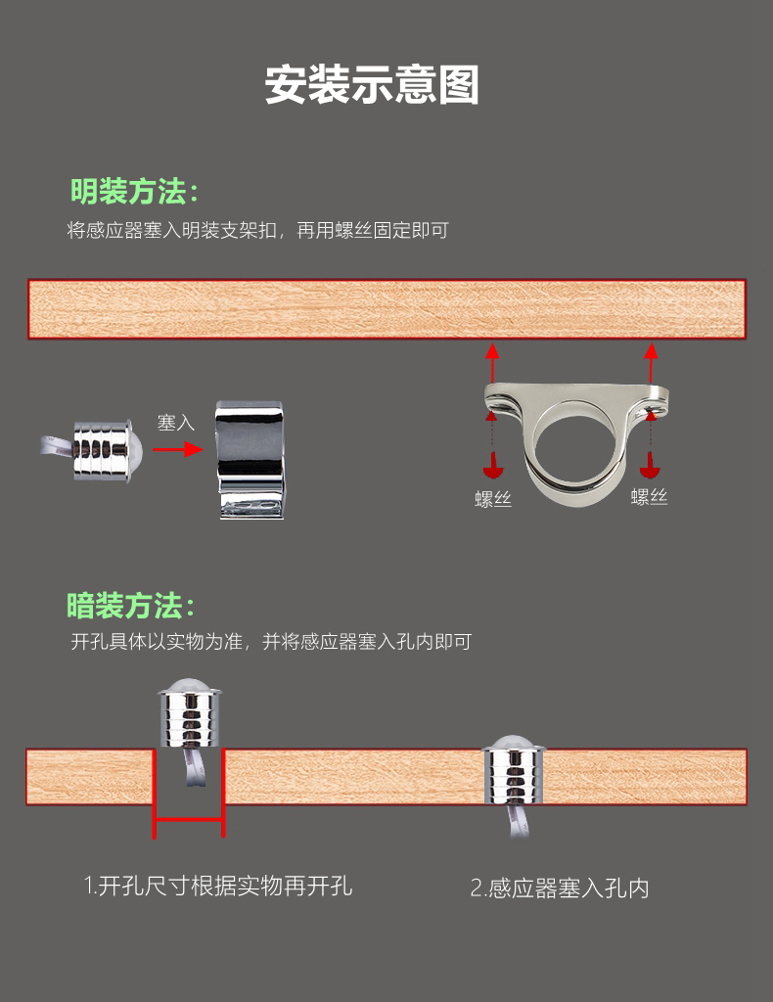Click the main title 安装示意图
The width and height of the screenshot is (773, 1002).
point(372,84)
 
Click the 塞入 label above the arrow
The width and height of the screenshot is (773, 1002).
point(176,423)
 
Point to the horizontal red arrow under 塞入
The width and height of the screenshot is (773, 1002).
point(178,449)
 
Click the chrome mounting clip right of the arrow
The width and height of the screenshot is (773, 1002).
point(250,459)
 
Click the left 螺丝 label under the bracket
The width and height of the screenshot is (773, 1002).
point(493,498)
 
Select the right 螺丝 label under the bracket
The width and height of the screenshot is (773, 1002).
point(649,496)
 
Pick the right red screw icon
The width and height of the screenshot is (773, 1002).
point(650,466)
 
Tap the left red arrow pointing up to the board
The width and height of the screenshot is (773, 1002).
point(492,363)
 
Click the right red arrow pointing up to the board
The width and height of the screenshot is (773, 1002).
point(651,363)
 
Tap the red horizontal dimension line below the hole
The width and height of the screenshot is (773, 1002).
point(189,819)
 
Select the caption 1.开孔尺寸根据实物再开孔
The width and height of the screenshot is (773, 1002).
point(218,886)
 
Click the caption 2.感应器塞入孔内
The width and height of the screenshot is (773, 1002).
point(560,888)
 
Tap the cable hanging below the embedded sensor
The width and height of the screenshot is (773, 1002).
point(518,821)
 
